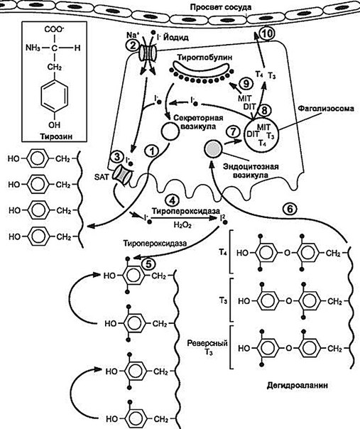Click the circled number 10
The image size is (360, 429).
tap(266, 33)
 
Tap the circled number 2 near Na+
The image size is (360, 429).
tap(133, 45)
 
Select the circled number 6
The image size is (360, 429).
tap(290, 210)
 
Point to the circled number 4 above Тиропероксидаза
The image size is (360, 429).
tap(173, 200)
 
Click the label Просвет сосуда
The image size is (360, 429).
tap(221, 7)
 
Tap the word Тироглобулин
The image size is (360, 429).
tap(205, 58)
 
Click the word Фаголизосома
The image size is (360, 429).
tap(325, 109)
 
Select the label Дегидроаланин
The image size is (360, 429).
tap(298, 386)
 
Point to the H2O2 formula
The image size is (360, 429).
tap(182, 225)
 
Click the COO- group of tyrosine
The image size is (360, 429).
tap(54, 30)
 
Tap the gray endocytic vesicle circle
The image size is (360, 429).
tap(213, 149)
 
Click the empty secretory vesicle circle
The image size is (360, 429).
tap(170, 131)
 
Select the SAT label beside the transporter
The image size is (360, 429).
tap(102, 177)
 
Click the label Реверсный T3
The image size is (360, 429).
tap(207, 347)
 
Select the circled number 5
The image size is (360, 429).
tap(148, 264)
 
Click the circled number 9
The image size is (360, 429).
tap(246, 83)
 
